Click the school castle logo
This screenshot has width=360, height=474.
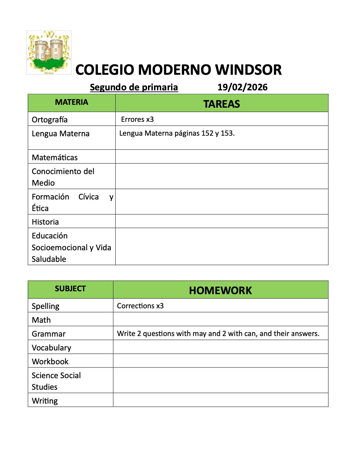[x=49, y=52]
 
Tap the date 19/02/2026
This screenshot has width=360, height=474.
[x=242, y=87]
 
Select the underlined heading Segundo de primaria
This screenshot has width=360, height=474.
[x=134, y=87]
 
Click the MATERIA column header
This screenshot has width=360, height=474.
[x=72, y=102]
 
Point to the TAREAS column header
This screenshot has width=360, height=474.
[x=222, y=104]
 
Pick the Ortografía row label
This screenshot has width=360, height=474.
[x=50, y=120]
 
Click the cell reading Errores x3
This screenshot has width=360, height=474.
[x=137, y=119]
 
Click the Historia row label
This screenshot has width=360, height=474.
[x=45, y=222]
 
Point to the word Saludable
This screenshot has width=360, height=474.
[x=49, y=259]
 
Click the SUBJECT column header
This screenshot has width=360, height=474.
[x=70, y=289]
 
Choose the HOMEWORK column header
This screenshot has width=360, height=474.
[x=220, y=290]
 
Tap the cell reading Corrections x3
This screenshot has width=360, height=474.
[x=140, y=306]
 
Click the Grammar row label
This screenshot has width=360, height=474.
[x=49, y=334]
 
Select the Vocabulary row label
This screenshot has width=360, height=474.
[x=51, y=348]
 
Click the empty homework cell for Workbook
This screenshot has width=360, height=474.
[x=220, y=361]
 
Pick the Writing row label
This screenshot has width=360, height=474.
[x=45, y=401]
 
